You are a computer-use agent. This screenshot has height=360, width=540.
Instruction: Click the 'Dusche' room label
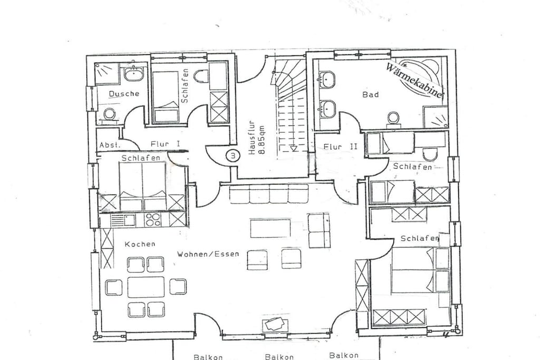pos(124,93)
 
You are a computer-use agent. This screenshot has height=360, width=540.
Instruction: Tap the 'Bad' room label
pos(371,94)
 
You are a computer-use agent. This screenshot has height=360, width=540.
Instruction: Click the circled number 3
pos(233,155)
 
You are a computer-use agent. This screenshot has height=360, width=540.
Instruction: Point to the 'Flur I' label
pos(165,144)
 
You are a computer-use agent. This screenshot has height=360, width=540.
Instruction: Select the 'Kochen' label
pos(140,244)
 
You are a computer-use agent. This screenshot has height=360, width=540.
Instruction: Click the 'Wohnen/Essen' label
pos(208,255)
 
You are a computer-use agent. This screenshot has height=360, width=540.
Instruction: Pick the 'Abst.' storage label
pos(110,145)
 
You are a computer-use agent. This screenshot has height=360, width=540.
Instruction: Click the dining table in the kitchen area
pos(146,287)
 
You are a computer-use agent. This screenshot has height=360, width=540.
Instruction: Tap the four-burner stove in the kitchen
pos(153,219)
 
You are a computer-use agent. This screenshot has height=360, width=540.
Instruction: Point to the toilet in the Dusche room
pos(110,114)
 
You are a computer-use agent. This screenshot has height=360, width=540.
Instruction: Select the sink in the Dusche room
pos(133,74)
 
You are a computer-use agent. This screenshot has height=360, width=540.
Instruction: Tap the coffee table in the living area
pos(271,228)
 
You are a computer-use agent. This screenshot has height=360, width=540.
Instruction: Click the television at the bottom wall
pos(274,324)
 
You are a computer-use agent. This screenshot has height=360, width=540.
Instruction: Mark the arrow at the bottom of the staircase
pos(293,148)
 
